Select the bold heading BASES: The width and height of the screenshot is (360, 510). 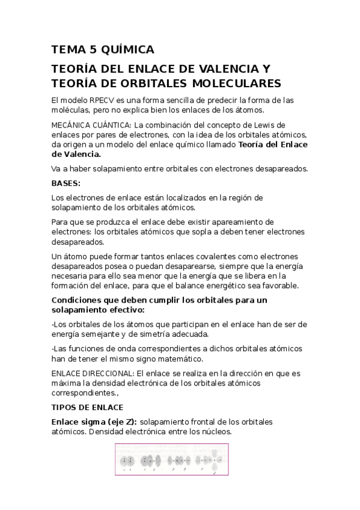click(x=66, y=183)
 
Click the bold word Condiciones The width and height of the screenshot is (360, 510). click(x=79, y=300)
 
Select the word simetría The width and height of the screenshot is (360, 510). click(x=187, y=334)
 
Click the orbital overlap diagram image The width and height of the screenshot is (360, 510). click(x=172, y=461)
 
